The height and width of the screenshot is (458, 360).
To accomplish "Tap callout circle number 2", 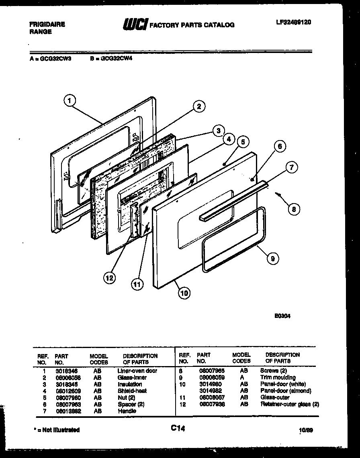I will click(x=198, y=106).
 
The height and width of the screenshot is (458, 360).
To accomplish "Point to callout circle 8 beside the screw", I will click(x=294, y=208).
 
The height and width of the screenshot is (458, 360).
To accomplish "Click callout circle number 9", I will click(x=273, y=259).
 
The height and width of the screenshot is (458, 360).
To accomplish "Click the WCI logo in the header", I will click(x=135, y=24).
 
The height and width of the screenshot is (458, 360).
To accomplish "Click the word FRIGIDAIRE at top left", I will click(x=47, y=24).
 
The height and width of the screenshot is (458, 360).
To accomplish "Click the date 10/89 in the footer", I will click(x=306, y=430).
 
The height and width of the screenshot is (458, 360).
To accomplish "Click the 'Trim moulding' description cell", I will click(x=278, y=377).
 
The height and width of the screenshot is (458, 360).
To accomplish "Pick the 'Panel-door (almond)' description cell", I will click(x=286, y=391).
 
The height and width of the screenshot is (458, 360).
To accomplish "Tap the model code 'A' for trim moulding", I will click(x=241, y=377).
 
